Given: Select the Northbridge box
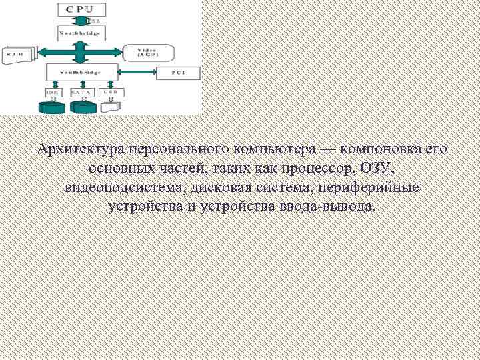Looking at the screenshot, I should point(81,32).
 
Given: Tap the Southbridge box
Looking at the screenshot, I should point(81,71).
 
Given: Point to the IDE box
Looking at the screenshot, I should point(52,92).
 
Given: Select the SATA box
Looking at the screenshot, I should point(81,92).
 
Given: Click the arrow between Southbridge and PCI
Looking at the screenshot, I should point(136,71).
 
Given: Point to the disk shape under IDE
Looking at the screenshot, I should point(52,106).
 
